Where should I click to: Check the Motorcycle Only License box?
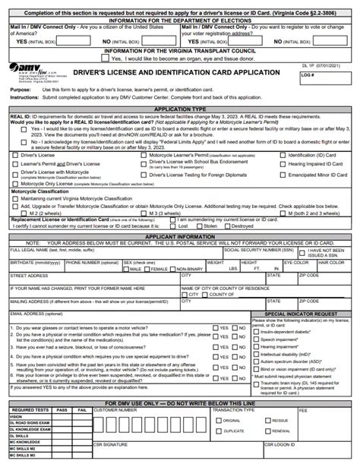[x=14, y=184]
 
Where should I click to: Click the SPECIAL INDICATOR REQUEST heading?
[x=300, y=314]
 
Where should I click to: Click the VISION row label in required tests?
[x=16, y=416]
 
